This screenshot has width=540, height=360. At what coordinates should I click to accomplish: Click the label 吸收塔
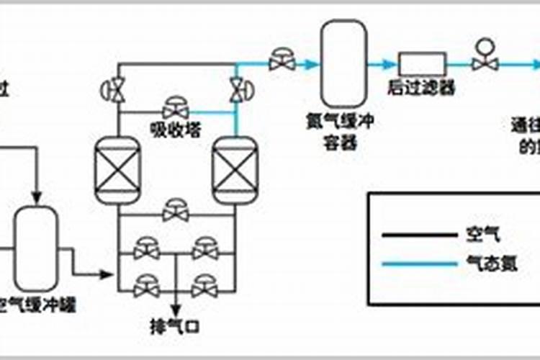tap(176, 129)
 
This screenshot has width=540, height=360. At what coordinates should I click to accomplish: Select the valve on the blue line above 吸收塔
tap(176, 109)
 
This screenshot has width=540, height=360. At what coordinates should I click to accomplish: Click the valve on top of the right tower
tap(238, 89)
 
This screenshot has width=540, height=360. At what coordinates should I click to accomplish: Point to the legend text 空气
tap(472, 235)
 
